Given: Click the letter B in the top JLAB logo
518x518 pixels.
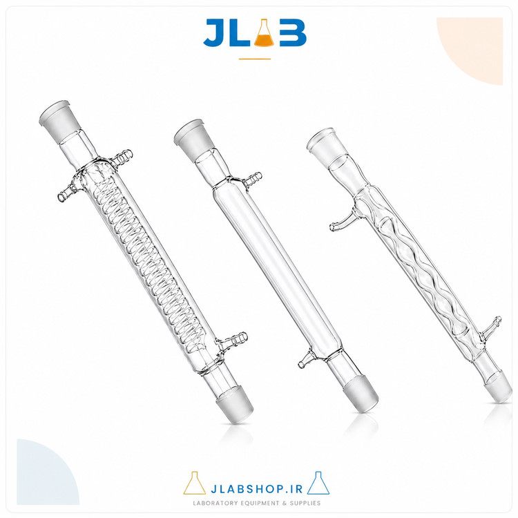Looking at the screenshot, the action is [x=293, y=32].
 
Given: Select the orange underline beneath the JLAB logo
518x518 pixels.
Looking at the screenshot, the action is [x=255, y=59].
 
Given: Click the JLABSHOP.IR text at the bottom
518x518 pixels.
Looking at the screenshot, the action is [x=256, y=489].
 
